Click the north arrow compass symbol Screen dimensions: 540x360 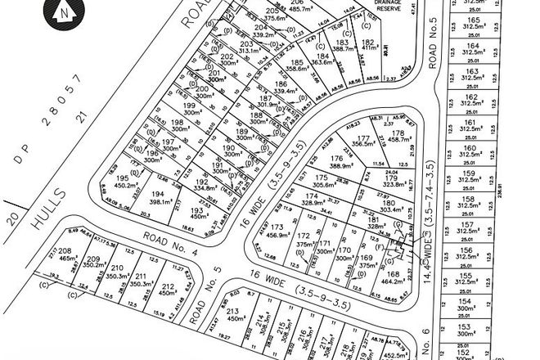(x=64, y=15)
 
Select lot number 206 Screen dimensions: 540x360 (x=274, y=3)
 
